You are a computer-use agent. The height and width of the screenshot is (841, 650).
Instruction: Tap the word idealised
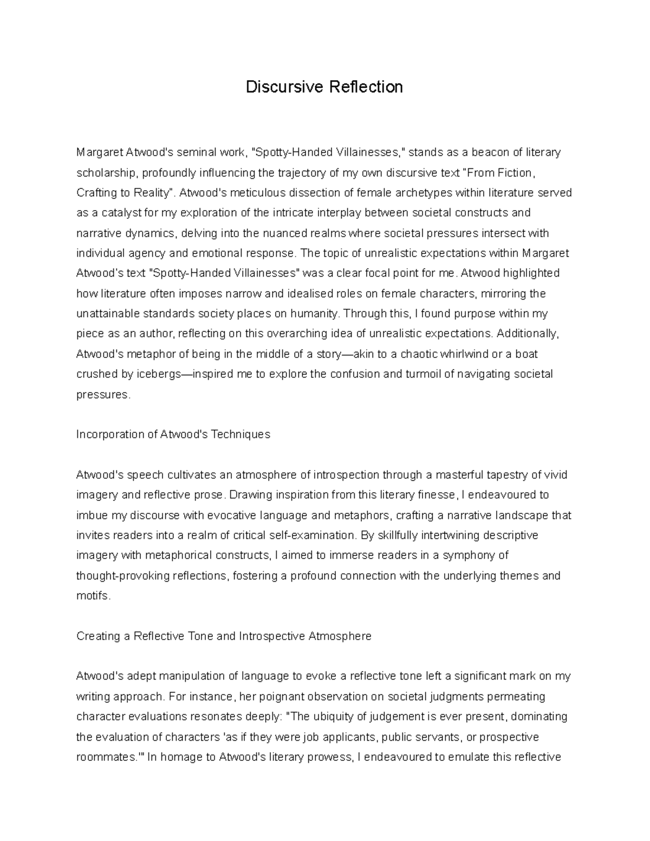[308, 294]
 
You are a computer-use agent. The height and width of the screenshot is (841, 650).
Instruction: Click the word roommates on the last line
[107, 757]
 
